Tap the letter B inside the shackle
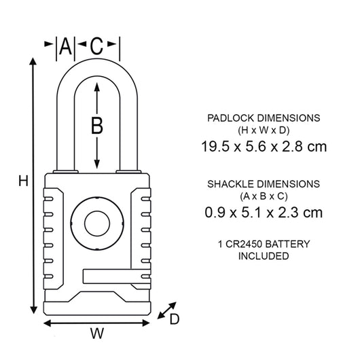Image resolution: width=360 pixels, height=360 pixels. [97, 125]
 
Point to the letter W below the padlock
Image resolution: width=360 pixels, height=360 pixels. [98, 334]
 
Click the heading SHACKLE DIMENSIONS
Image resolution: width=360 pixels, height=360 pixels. [263, 184]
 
